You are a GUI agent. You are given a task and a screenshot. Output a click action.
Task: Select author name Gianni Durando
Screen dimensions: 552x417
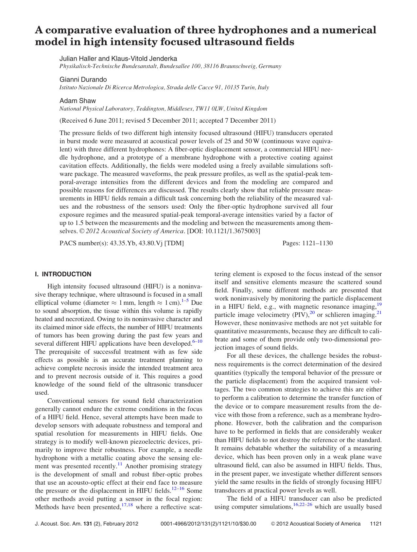pos(83,79)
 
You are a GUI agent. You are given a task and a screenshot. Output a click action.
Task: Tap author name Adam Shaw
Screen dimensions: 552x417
pos(78,101)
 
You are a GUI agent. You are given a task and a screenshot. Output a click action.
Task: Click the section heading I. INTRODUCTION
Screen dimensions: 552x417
pos(63,274)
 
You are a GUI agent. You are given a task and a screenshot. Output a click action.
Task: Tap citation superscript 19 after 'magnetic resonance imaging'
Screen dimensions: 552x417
pos(379,305)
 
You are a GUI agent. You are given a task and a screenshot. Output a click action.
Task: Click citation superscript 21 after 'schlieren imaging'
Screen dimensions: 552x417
pos(379,313)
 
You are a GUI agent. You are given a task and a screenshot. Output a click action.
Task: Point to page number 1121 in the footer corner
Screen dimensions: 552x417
pos(376,524)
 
